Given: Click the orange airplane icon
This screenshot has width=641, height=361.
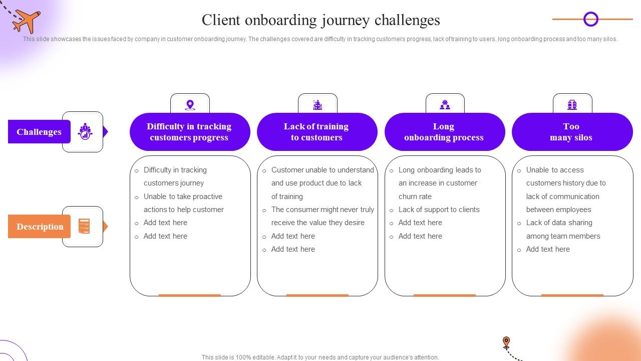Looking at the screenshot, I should click(x=27, y=21).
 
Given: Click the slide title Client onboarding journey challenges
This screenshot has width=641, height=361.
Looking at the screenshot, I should click(x=320, y=20).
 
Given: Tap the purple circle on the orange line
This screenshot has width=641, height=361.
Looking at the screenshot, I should click(x=591, y=19).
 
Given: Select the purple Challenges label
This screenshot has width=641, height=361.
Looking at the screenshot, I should click(x=39, y=132).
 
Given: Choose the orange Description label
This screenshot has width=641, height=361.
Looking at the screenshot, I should click(x=40, y=227).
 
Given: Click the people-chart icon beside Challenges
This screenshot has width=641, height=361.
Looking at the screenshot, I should click(x=85, y=131).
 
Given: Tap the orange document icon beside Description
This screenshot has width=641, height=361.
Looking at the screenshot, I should click(x=84, y=227).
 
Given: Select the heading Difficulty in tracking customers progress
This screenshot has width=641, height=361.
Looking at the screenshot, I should click(x=189, y=132).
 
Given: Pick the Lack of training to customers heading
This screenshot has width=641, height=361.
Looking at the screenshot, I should click(x=316, y=132).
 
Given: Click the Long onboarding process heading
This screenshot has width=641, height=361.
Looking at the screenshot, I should click(x=444, y=132).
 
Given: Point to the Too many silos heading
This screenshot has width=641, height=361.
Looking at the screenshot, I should click(x=571, y=132).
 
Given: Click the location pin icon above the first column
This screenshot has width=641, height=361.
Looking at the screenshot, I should click(x=190, y=105).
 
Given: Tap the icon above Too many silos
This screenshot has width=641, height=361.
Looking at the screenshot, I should click(x=572, y=105).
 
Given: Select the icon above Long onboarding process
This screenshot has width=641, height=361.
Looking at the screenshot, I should click(x=445, y=105).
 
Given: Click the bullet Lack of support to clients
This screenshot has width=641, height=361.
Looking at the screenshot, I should click(x=439, y=210).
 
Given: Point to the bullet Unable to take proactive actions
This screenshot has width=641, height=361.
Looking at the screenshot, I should click(x=183, y=203).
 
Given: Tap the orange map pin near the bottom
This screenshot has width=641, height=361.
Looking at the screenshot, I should click(x=506, y=342).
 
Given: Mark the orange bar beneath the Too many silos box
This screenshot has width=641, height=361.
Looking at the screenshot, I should click(x=572, y=295).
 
